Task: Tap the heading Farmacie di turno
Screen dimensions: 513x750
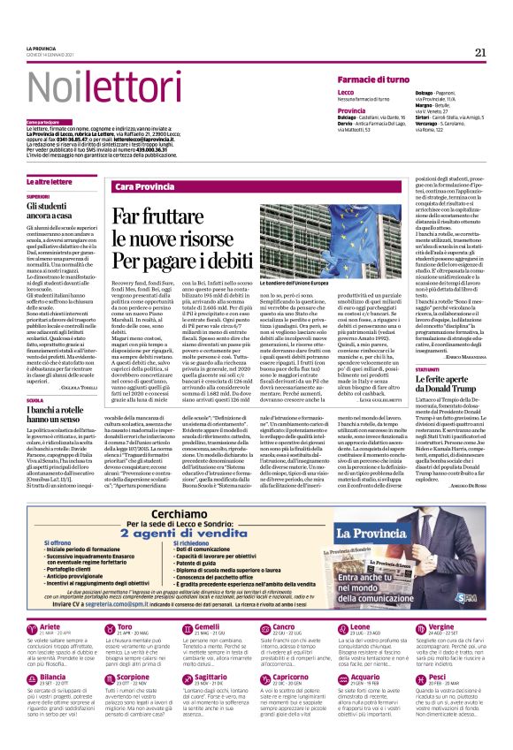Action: tap(377, 80)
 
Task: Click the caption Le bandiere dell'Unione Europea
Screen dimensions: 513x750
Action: tap(337, 284)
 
